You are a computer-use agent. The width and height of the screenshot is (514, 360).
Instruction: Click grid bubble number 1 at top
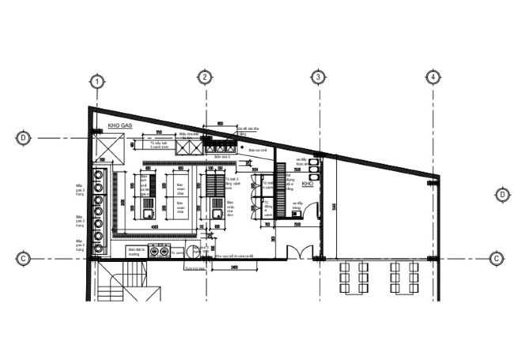[x=96, y=81]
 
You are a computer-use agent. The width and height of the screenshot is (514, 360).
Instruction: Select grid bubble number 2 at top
[x=205, y=78]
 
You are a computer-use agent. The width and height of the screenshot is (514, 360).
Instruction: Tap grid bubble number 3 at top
[x=318, y=78]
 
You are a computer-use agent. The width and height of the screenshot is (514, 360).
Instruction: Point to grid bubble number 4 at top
[x=433, y=78]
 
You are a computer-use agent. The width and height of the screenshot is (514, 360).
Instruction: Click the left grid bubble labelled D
[x=24, y=138]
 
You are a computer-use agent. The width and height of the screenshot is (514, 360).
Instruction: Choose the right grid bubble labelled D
[x=501, y=195]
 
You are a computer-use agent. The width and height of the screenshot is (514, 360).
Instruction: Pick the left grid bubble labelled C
[x=24, y=258]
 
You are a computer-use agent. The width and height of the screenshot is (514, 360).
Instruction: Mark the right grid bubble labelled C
[x=496, y=258]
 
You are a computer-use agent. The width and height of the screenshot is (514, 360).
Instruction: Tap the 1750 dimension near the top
[x=158, y=131]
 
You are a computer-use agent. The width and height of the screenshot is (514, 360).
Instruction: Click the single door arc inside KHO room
[x=309, y=210]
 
